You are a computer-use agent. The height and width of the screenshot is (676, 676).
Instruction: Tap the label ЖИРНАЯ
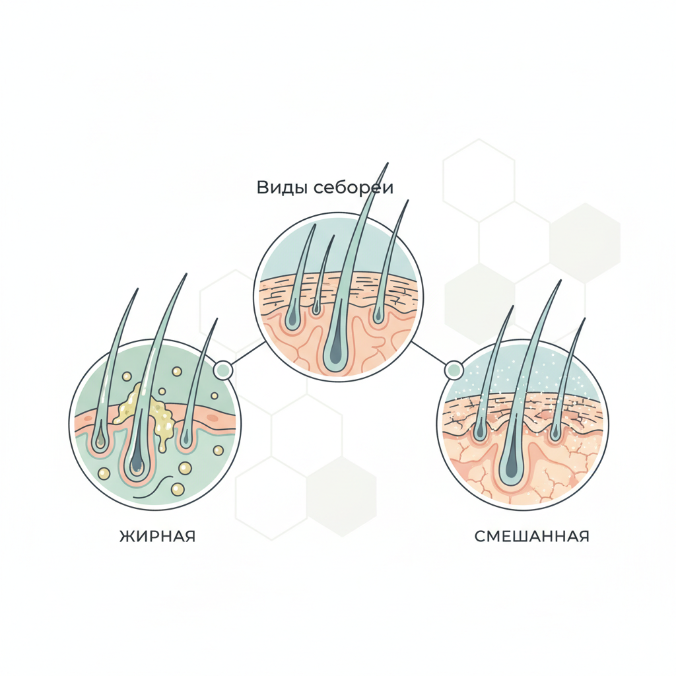(x=157, y=536)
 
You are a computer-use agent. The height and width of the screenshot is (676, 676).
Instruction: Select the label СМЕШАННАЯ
(x=531, y=536)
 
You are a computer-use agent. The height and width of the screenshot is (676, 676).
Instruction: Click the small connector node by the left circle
(x=223, y=370)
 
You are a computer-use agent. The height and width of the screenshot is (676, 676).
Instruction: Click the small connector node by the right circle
(x=454, y=370)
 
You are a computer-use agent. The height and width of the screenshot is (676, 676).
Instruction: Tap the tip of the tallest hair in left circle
(x=186, y=274)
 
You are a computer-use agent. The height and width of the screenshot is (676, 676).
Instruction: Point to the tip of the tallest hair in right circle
(x=560, y=280)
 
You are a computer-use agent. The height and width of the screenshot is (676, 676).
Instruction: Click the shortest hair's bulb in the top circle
(x=317, y=306)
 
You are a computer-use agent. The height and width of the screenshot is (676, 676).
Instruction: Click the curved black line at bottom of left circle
(x=153, y=487)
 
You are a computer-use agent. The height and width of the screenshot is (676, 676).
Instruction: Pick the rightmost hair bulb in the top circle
(x=378, y=315)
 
